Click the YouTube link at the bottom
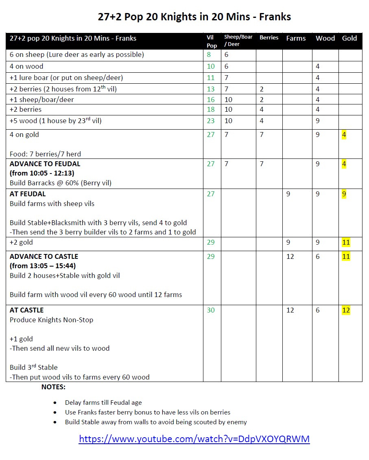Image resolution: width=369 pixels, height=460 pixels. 194,439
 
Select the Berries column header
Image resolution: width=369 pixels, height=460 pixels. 269,38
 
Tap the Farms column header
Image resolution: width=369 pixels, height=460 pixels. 296,38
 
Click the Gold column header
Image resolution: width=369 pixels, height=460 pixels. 349,38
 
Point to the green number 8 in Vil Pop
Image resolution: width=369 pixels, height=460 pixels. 209,55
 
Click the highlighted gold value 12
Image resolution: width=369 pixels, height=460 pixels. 346,310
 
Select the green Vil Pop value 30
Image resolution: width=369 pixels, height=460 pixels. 210,310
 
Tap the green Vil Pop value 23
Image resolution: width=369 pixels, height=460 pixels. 210,121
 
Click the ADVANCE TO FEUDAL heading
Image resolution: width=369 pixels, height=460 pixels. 45,164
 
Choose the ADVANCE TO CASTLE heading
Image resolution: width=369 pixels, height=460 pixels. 44,256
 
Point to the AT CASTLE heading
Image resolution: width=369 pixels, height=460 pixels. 26,310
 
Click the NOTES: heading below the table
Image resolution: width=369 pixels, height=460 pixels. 53,387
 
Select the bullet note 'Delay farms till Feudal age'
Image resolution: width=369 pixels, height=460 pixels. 103,403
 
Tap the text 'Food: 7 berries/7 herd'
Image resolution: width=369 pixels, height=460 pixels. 45,154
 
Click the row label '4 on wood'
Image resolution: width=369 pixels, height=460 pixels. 26,66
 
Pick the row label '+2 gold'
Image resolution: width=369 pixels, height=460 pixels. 22,242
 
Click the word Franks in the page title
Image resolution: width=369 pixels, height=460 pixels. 276,17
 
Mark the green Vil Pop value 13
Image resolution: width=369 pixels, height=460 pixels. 210,89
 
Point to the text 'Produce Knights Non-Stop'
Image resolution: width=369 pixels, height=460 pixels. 52,320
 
